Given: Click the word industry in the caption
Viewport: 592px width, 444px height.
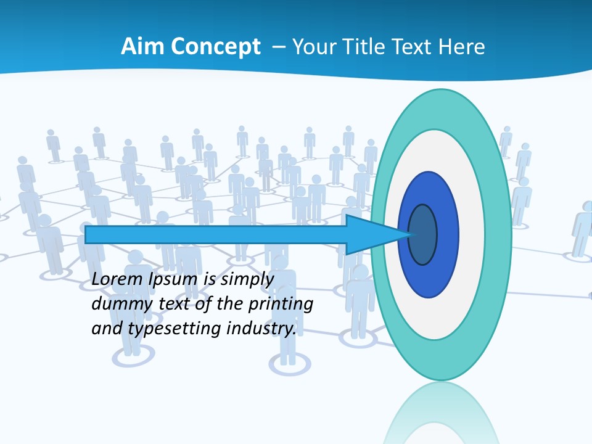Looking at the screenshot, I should tap(261, 329).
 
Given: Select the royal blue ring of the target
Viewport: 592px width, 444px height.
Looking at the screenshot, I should tap(446, 234).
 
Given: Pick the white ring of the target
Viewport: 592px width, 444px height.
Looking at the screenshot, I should tap(472, 234).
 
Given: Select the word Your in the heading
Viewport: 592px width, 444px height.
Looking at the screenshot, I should tap(314, 47).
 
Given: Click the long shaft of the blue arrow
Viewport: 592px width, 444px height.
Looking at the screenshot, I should tap(216, 234).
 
